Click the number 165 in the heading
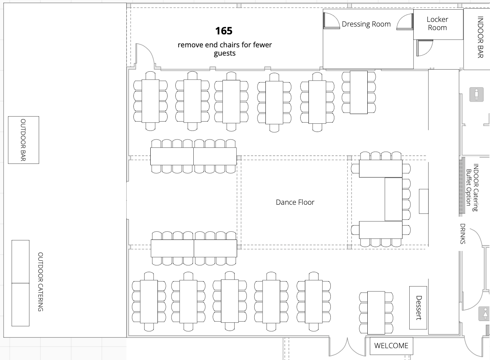point(224,31)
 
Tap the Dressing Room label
point(366,24)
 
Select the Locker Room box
point(438,24)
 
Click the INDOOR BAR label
point(480,37)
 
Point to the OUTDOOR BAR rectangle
point(23,140)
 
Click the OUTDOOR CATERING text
point(41,282)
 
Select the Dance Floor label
point(295,202)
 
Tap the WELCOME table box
point(391,346)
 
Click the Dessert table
point(418,308)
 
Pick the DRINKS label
point(463,234)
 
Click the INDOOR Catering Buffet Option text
point(472,188)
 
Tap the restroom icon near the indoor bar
point(476,94)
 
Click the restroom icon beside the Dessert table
point(485,314)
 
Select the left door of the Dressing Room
point(331,20)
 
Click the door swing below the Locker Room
point(424,48)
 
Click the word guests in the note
point(225,53)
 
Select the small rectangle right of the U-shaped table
point(424,201)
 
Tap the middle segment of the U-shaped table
point(394,199)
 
